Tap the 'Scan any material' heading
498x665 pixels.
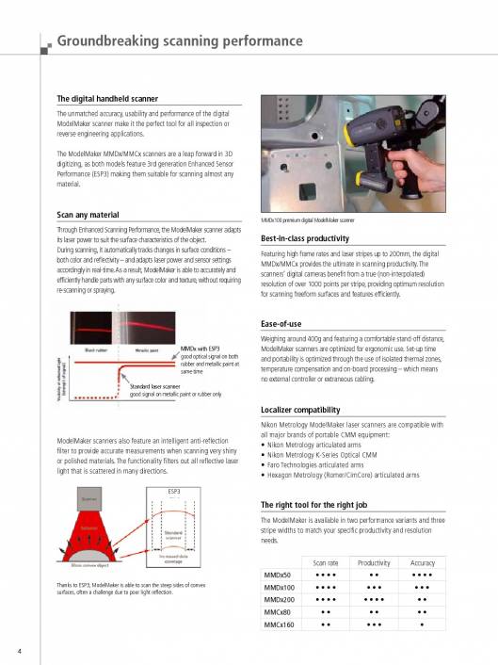coord(89,215)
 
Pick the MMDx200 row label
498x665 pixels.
coord(280,597)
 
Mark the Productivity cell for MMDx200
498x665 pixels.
coord(374,597)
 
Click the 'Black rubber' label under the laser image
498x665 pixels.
coord(96,349)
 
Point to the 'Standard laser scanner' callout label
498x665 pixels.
coord(155,386)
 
